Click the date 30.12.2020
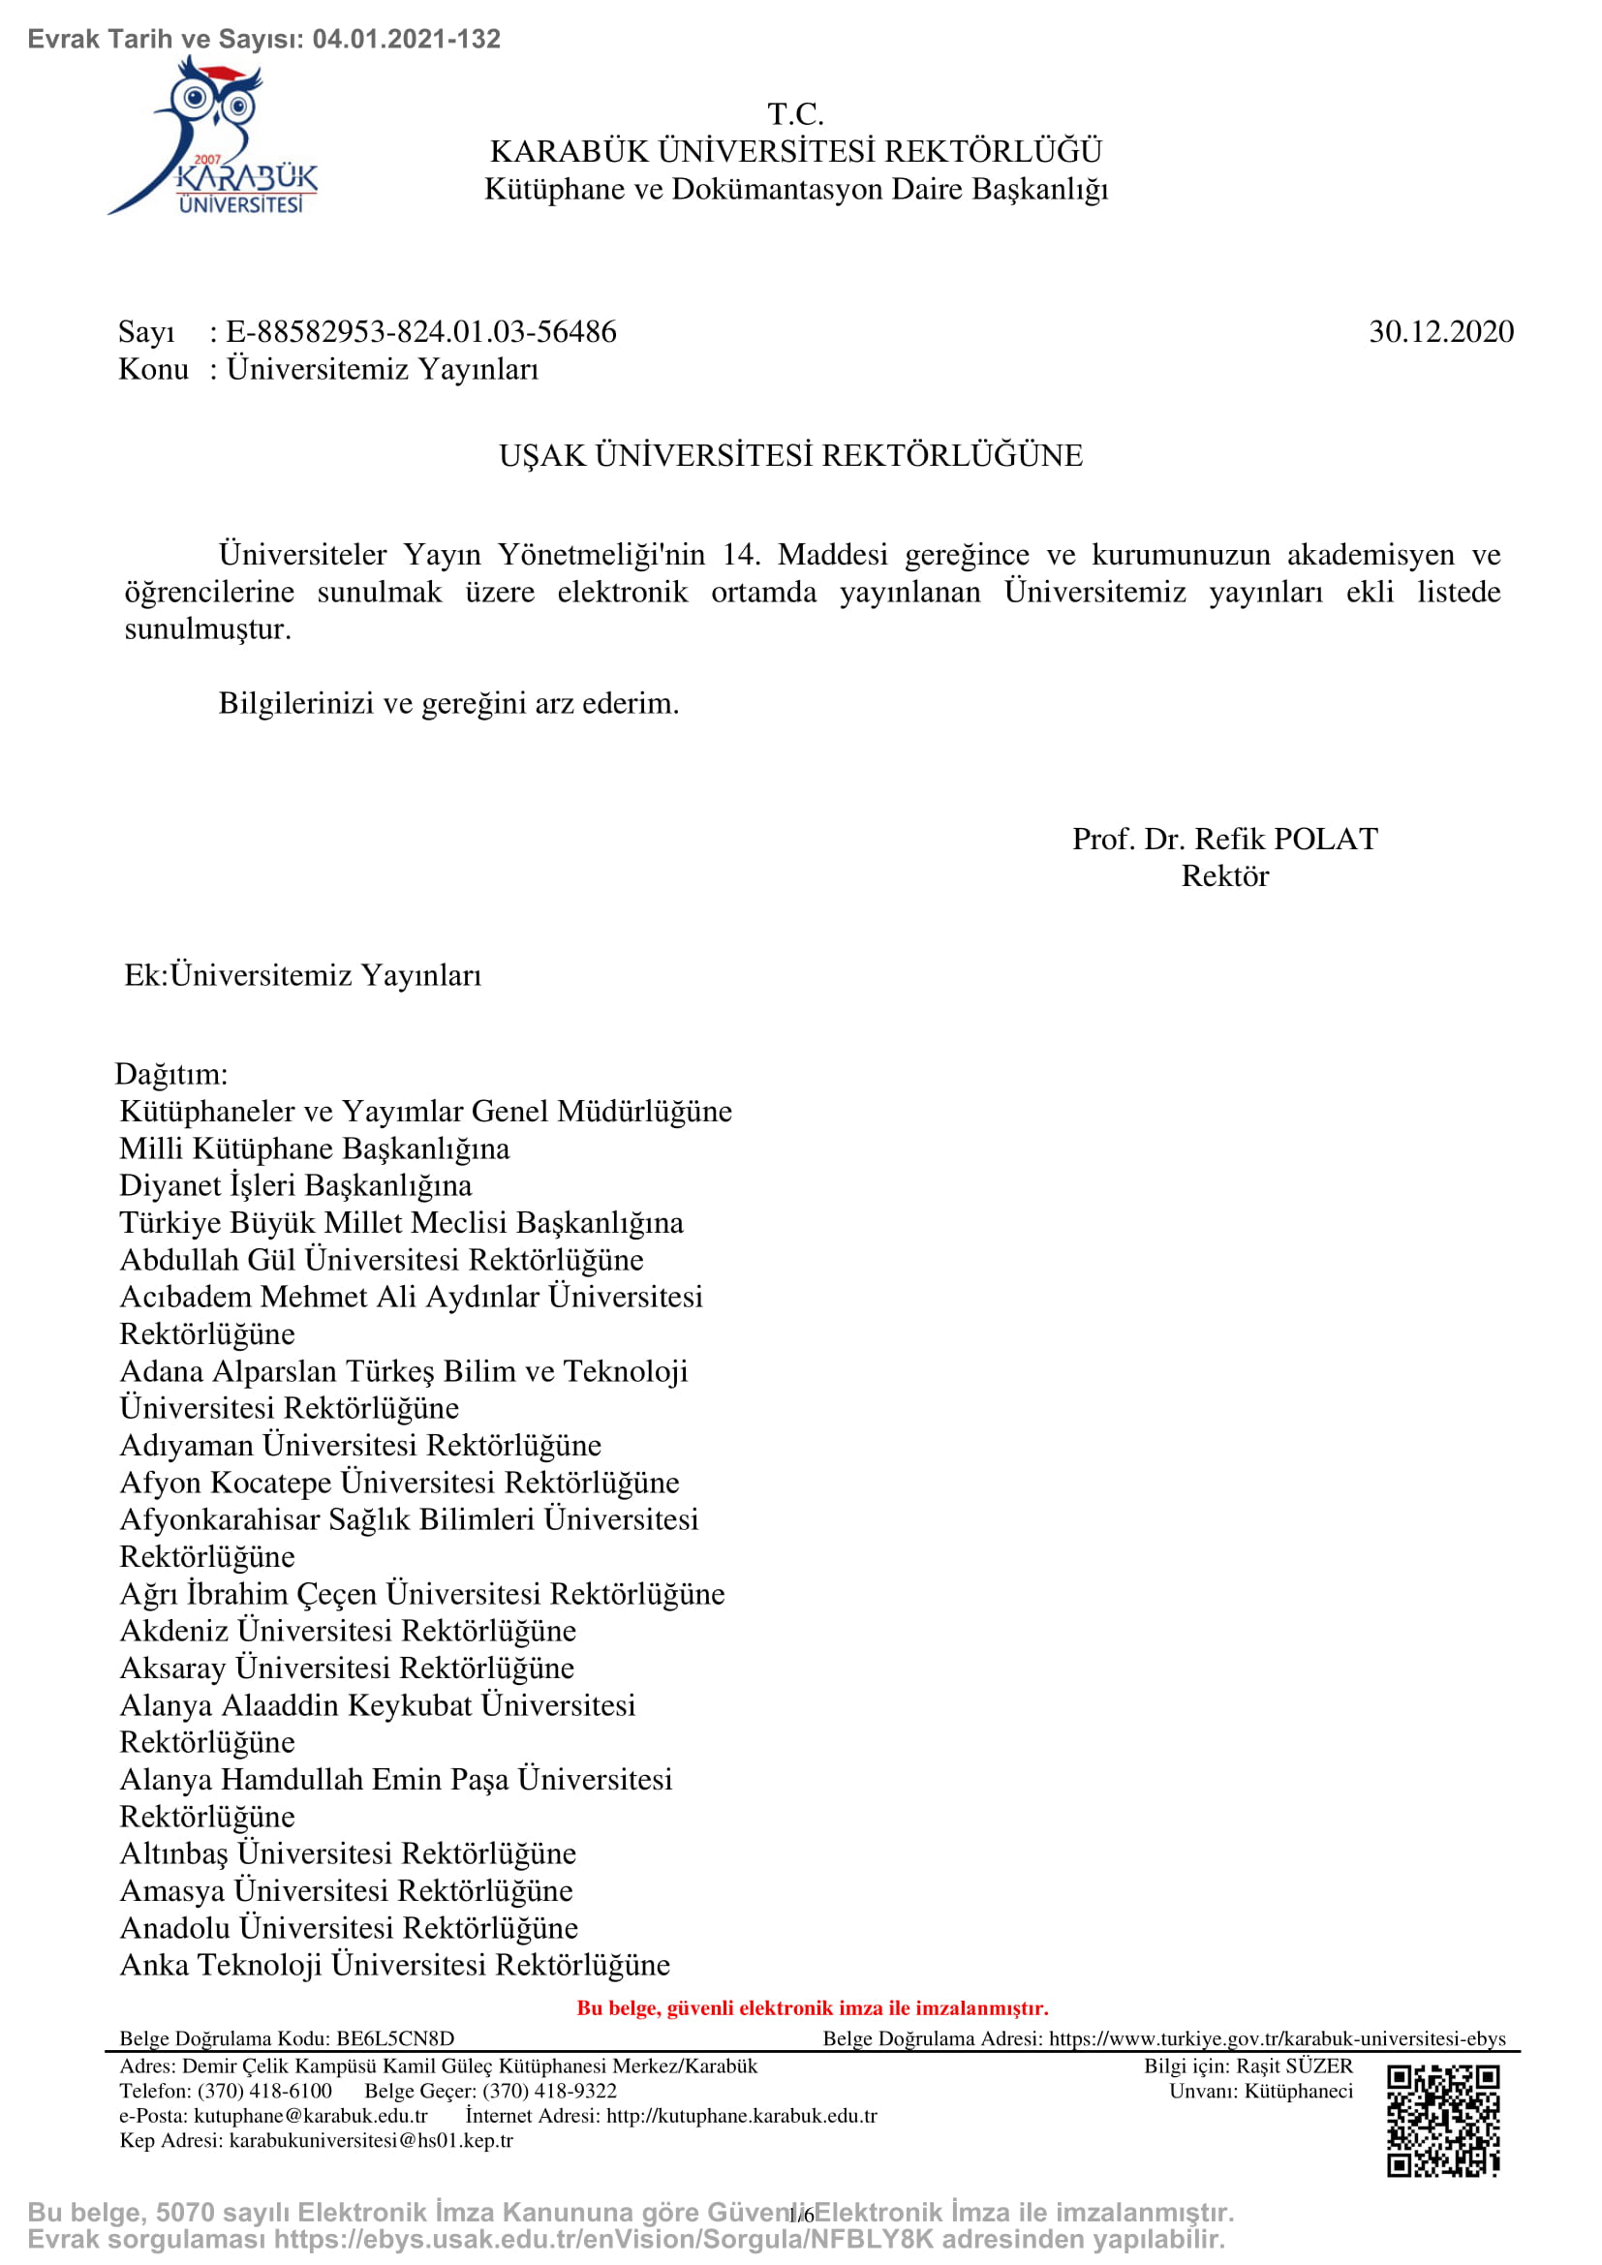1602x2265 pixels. pyautogui.click(x=1440, y=331)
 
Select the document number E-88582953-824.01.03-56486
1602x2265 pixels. pyautogui.click(x=421, y=331)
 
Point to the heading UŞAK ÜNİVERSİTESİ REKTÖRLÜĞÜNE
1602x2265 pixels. pyautogui.click(x=790, y=456)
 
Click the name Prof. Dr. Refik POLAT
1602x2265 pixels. pyautogui.click(x=1224, y=839)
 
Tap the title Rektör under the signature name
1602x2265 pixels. pyautogui.click(x=1224, y=876)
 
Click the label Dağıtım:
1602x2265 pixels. pyautogui.click(x=171, y=1073)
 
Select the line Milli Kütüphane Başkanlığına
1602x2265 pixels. pyautogui.click(x=314, y=1148)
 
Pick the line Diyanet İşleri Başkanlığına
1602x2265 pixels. pyautogui.click(x=295, y=1184)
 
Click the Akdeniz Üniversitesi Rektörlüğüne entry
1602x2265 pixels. pyautogui.click(x=348, y=1631)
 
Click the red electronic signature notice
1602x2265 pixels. pyautogui.click(x=812, y=2007)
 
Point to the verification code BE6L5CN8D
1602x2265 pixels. pyautogui.click(x=394, y=2038)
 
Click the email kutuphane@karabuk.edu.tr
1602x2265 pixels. pyautogui.click(x=311, y=2115)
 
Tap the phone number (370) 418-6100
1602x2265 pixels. pyautogui.click(x=264, y=2091)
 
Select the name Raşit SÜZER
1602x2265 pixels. pyautogui.click(x=1293, y=2066)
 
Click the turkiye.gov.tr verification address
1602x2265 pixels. pyautogui.click(x=1277, y=2038)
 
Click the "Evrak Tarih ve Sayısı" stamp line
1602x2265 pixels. pyautogui.click(x=264, y=39)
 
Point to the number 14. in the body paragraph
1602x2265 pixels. pyautogui.click(x=741, y=555)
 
